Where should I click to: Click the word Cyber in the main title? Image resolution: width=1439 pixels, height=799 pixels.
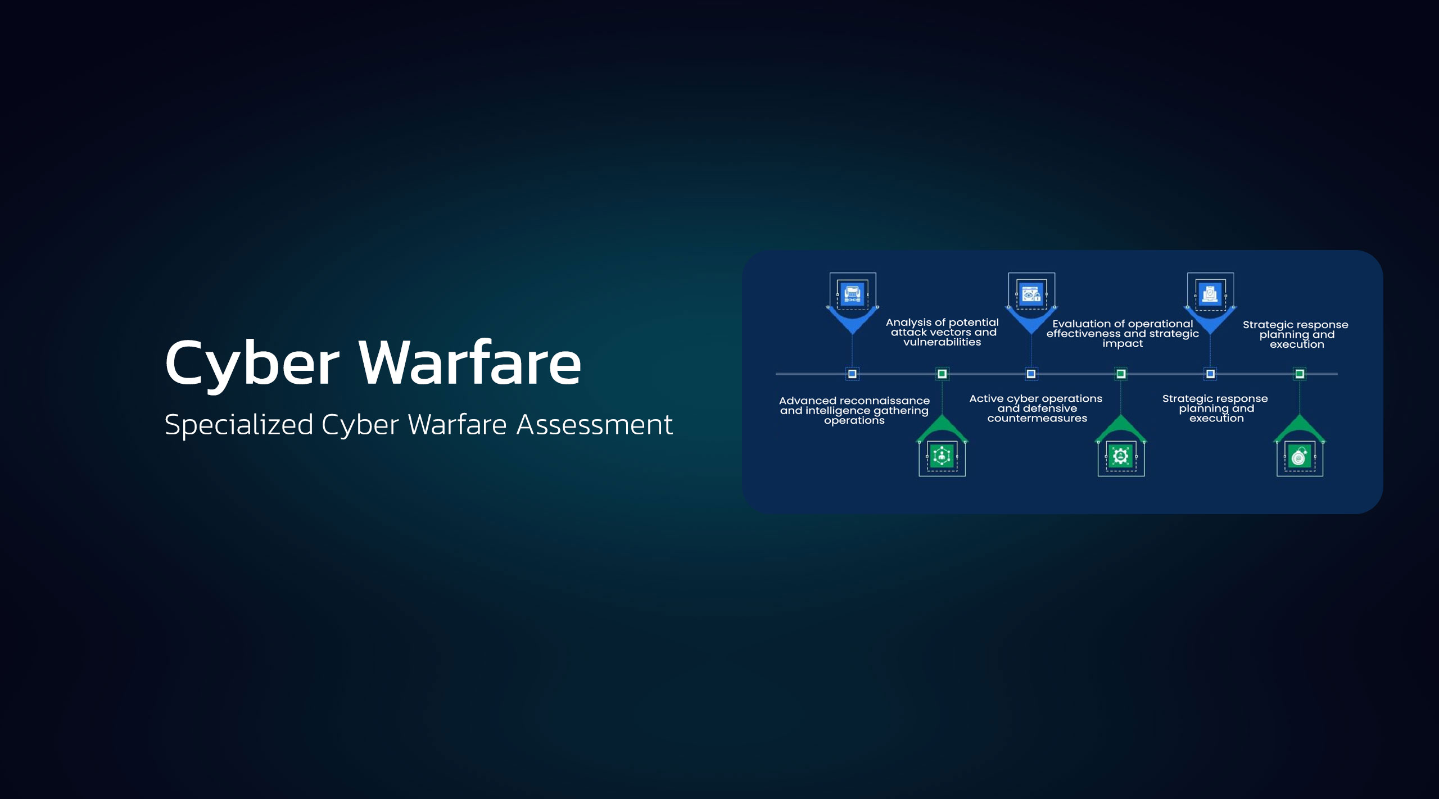tap(252, 364)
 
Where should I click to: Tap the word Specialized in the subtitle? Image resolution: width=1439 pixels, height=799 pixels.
tap(238, 425)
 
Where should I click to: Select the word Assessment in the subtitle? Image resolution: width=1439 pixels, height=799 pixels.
tap(594, 425)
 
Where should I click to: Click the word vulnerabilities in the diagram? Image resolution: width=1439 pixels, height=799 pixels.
tap(942, 342)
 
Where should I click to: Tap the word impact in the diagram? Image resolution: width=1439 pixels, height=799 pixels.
tap(1123, 344)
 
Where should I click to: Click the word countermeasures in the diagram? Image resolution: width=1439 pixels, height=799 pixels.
tap(1037, 419)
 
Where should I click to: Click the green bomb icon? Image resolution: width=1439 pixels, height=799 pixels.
tap(1299, 457)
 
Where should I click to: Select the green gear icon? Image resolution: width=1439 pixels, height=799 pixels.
tap(1120, 456)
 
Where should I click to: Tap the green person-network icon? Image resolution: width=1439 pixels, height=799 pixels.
tap(942, 456)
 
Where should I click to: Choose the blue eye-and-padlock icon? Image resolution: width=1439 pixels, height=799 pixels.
tap(1031, 294)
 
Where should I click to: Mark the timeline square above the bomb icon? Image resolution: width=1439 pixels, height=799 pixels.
tap(1300, 374)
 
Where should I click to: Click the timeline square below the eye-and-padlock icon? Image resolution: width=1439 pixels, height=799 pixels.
tap(1031, 374)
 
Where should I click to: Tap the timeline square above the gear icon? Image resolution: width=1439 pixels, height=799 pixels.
tap(1121, 374)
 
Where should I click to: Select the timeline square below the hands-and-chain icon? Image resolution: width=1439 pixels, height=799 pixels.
tap(852, 374)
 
